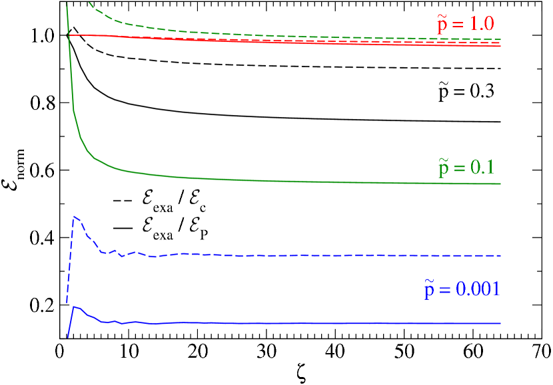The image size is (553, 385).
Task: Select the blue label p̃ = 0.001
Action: (x=462, y=289)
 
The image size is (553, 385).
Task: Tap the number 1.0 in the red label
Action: (x=482, y=25)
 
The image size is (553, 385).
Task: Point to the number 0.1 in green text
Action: (x=482, y=168)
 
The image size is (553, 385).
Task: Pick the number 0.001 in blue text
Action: (x=478, y=289)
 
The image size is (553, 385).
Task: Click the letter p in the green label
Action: (x=444, y=169)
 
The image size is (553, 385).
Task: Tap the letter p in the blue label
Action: (x=430, y=291)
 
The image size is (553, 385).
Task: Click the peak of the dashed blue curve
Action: (x=75, y=216)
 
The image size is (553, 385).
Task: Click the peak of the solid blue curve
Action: (x=75, y=307)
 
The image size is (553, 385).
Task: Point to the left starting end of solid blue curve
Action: (x=67, y=337)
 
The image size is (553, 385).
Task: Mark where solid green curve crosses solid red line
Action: (x=70, y=35)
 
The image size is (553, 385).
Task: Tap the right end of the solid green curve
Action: (x=500, y=184)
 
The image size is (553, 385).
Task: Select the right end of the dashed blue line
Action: (x=500, y=255)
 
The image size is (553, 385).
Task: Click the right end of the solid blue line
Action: (x=500, y=323)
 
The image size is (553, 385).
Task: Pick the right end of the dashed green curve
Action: (x=500, y=40)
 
